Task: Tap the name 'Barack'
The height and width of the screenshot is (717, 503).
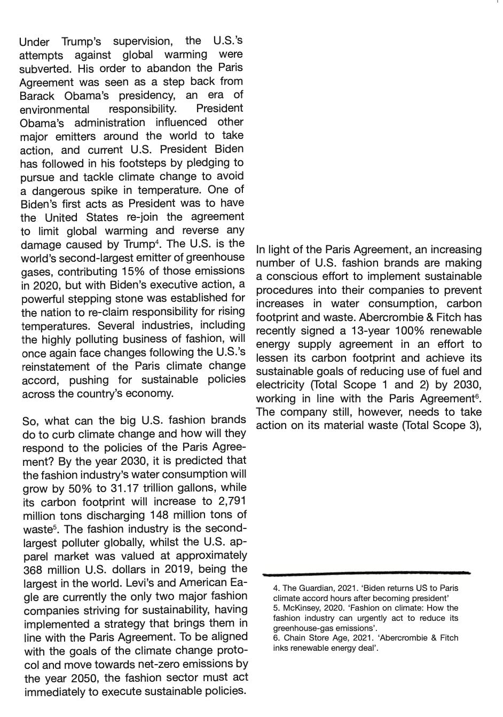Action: coord(37,96)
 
